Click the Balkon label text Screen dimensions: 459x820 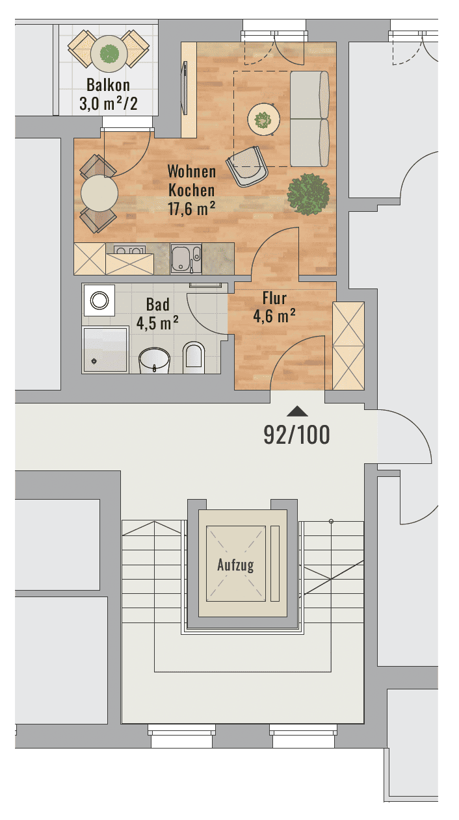pos(108,85)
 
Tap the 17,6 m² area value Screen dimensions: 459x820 pos(191,209)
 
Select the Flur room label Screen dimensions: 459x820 pos(274,298)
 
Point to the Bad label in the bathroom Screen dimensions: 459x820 pos(158,305)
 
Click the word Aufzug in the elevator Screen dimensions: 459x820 pos(235,565)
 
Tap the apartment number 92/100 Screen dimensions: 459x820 pos(296,435)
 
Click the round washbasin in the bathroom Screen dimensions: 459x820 pos(154,360)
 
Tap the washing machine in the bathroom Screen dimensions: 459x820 pos(99,300)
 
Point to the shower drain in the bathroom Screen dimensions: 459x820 pos(94,362)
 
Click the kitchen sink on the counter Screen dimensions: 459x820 pos(186,259)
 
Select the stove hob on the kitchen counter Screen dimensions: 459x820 pos(129,250)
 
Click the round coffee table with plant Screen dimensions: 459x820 pos(264,120)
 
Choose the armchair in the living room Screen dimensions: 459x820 pos(247,166)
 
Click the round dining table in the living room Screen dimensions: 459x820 pos(99,193)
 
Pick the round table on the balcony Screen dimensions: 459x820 pos(109,54)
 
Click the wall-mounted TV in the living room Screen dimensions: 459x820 pos(184,88)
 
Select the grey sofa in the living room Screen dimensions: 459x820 pos(309,119)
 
